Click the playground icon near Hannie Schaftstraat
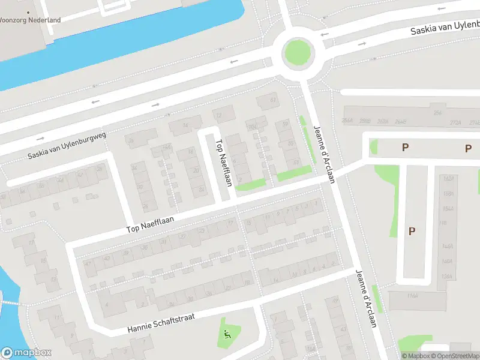pos(227,334)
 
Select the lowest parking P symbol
pos(412,230)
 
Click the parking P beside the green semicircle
pos(405,147)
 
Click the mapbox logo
pos(25,353)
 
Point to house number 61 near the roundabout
pos(274,100)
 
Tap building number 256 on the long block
pos(437,113)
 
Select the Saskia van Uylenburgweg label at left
pos(67,145)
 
